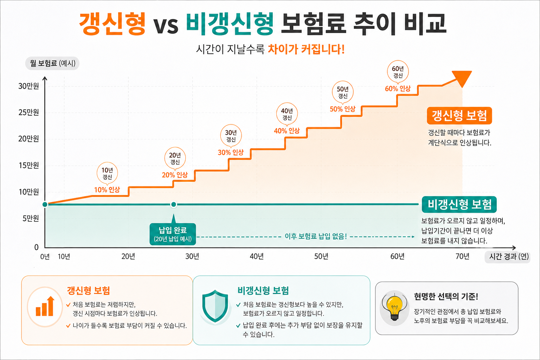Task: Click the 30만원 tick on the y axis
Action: pos(28,86)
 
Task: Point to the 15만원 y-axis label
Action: pos(29,166)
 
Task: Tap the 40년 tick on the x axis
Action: pos(257,256)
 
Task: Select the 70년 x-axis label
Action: pos(462,256)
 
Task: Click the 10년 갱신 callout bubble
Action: pos(107,173)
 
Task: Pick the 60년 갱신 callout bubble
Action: pos(398,72)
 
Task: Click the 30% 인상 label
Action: pos(231,152)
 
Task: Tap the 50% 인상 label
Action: pos(342,109)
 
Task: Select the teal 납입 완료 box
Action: pos(173,234)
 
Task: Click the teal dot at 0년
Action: pos(45,205)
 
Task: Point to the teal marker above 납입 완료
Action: pos(174,205)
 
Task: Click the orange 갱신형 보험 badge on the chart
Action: pos(459,116)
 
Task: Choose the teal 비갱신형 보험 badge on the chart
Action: pos(459,205)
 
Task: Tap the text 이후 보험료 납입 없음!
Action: pos(316,236)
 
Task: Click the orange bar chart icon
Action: pos(45,306)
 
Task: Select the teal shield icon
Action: pos(215,306)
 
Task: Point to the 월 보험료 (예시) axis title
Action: pos(52,63)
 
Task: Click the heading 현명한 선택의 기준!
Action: pos(446,296)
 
